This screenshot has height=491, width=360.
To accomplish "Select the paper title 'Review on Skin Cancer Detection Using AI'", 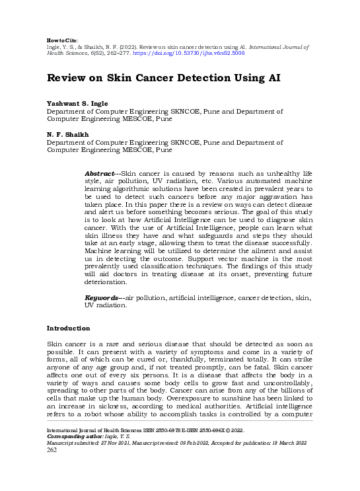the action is pos(164,78).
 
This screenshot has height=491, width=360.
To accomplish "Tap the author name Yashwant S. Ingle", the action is pos(76,104).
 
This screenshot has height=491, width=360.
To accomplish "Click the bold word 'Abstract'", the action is pos(100,173).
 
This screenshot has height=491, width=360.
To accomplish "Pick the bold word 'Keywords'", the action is pos(102,298).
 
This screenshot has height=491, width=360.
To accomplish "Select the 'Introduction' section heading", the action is pos(68,328).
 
